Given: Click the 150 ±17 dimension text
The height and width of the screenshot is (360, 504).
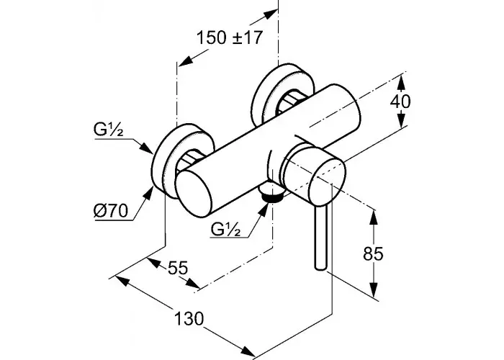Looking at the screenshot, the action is point(230,37).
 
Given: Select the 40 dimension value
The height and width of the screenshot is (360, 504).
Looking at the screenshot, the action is point(400,102).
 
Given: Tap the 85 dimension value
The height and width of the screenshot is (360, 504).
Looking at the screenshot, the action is point(373,254).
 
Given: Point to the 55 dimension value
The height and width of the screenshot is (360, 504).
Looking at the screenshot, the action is point(177,267).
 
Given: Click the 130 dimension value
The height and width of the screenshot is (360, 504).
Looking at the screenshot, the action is point(189,319).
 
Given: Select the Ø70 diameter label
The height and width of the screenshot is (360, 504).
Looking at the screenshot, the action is point(111,211).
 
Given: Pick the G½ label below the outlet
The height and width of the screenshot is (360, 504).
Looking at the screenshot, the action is point(225,229).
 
